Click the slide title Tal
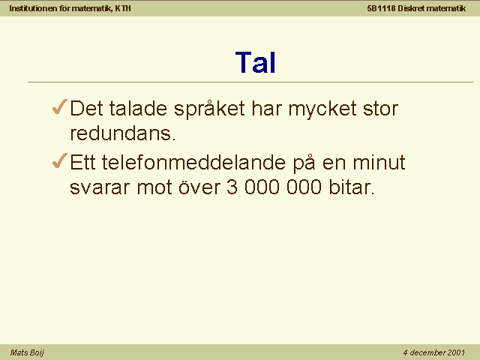point(256,62)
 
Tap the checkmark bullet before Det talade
point(60,106)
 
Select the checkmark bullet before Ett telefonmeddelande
point(60,160)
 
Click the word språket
point(209,109)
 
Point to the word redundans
point(123,133)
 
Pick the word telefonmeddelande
point(193,162)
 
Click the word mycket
point(322,109)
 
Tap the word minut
point(379,162)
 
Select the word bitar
point(352,187)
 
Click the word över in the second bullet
point(199,187)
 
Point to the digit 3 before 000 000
point(232,187)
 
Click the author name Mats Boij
point(27,352)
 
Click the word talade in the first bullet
point(138,108)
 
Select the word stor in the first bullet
point(380,109)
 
